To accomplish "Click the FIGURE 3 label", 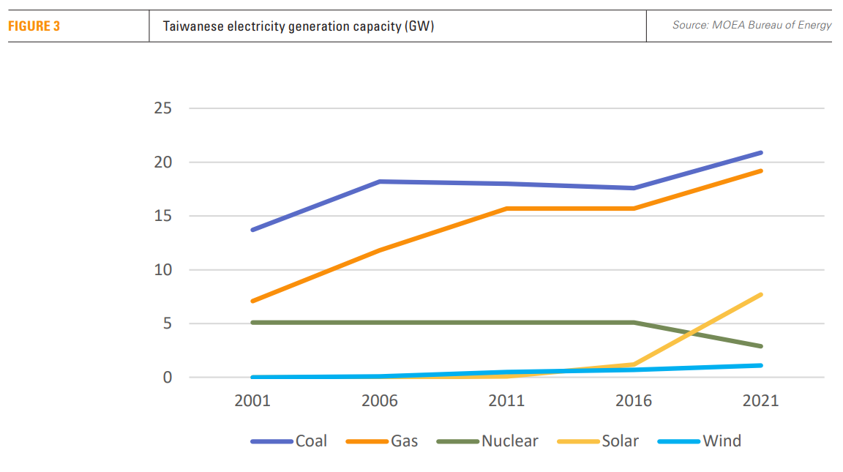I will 34,26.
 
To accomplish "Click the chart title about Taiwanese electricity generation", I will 299,27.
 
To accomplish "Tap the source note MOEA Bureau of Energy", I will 752,26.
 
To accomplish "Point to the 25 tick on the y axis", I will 162,108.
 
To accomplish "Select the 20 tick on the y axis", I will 162,162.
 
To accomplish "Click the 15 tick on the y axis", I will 162,216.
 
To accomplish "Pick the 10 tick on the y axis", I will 162,270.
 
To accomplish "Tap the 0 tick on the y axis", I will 167,378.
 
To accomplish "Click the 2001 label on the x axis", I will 252,401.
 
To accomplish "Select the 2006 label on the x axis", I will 380,401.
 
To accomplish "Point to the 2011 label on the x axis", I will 506,401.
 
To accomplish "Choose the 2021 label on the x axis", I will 761,401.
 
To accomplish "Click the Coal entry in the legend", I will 310,441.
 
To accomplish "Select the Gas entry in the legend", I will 404,441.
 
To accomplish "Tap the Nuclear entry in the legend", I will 509,441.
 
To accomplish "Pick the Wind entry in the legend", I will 722,441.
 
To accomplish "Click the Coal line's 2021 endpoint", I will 761,153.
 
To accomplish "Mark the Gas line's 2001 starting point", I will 252,301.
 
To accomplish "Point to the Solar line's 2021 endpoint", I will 761,295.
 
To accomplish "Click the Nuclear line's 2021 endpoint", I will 761,346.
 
